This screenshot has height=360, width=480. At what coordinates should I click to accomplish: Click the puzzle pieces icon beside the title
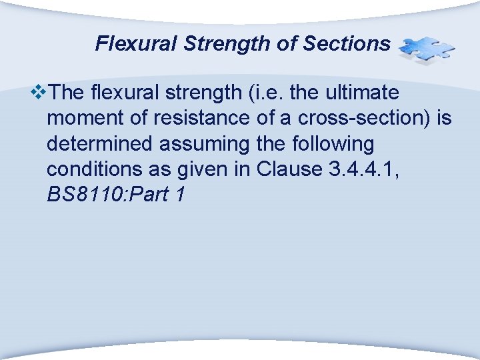click(426, 49)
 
